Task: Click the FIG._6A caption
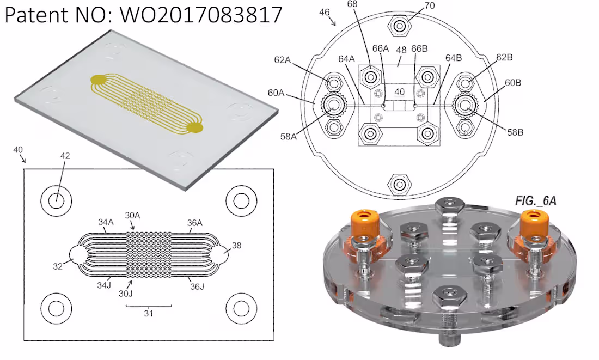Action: coord(535,201)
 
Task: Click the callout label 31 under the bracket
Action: coord(148,314)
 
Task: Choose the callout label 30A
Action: coord(132,216)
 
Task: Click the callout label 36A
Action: coord(195,222)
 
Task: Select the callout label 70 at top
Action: coord(429,5)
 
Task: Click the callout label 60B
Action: coord(513,83)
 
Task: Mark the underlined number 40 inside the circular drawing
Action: coord(399,92)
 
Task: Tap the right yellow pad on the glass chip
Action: coord(194,128)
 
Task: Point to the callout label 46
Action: coord(324,12)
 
